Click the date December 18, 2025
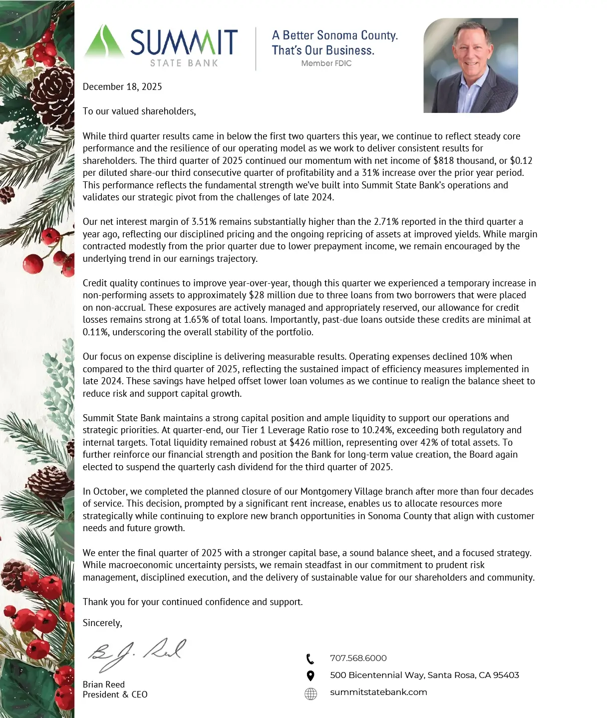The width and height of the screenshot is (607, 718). tap(122, 87)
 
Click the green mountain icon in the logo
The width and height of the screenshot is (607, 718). tap(104, 42)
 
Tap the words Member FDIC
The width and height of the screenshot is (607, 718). tap(326, 63)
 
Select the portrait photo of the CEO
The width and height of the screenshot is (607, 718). tap(470, 65)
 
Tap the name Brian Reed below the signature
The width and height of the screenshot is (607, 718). tap(104, 685)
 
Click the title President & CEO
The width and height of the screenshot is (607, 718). tap(115, 695)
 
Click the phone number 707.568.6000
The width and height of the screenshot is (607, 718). tap(358, 658)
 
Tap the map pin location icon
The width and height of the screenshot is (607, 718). tap(310, 676)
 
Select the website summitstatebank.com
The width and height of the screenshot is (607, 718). tap(378, 692)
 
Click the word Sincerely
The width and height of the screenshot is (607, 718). tap(102, 623)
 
